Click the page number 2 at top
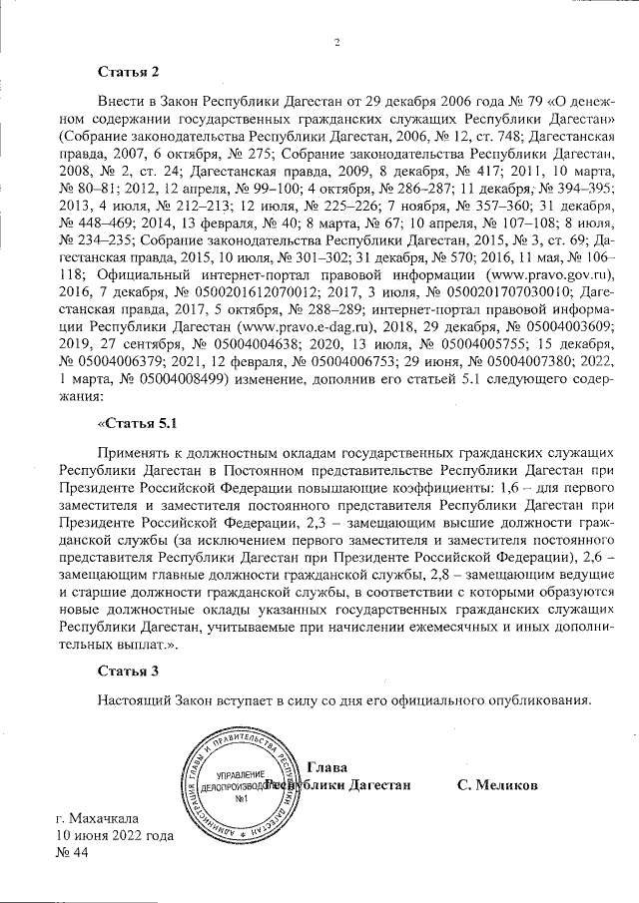coord(336,42)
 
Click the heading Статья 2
coord(128,72)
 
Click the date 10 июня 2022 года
coord(115,836)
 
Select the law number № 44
coord(74,854)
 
